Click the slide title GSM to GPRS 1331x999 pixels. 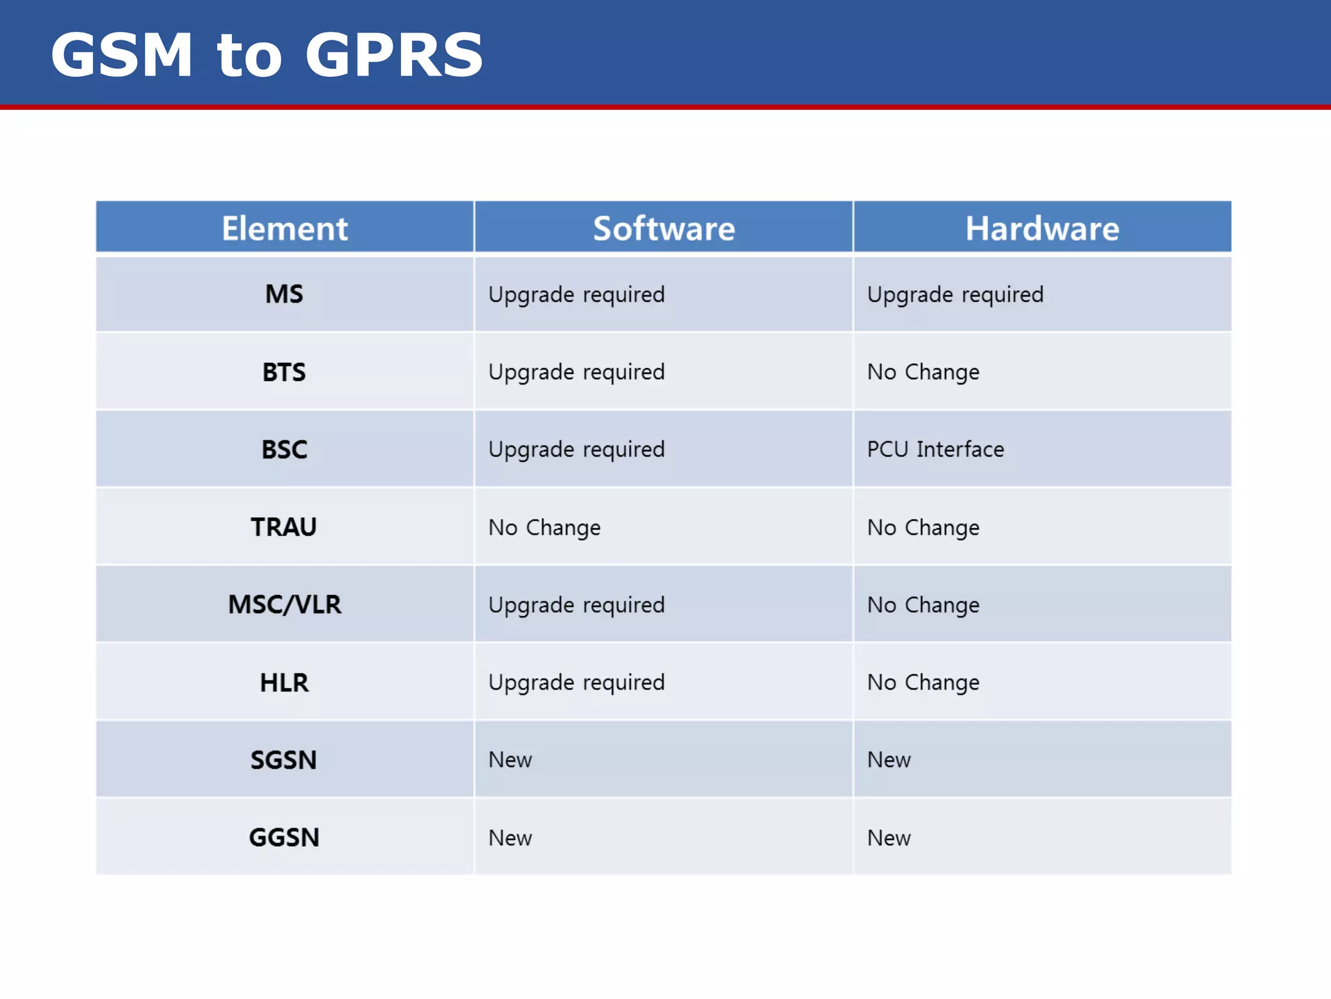[x=266, y=55]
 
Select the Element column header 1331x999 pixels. [x=285, y=228]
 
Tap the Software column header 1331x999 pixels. [x=664, y=228]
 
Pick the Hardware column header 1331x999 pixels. [x=1042, y=228]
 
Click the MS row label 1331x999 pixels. [x=284, y=294]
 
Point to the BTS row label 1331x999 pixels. [x=284, y=372]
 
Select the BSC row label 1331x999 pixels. [x=284, y=449]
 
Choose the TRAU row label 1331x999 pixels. [x=284, y=527]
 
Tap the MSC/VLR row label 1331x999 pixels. [x=284, y=604]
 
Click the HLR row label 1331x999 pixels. [x=284, y=682]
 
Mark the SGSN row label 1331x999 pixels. [x=284, y=760]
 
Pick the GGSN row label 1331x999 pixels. [x=284, y=837]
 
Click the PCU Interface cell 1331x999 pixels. [x=935, y=449]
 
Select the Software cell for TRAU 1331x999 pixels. [x=545, y=527]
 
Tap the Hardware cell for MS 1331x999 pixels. [x=955, y=295]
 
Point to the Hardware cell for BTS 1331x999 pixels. [x=923, y=372]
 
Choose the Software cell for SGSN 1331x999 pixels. [x=510, y=760]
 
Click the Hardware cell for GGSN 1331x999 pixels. [x=888, y=838]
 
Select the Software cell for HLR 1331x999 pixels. [x=576, y=682]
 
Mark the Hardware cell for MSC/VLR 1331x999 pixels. [x=923, y=605]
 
